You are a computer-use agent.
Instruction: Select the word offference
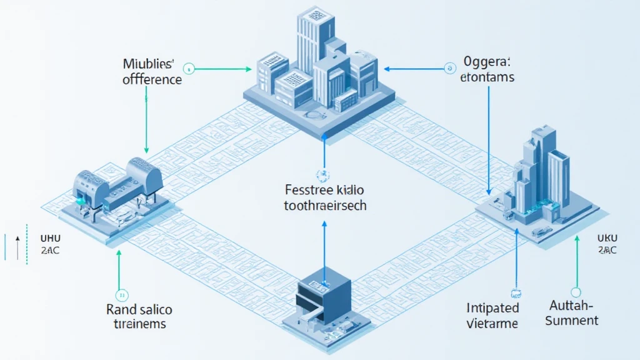click(152, 80)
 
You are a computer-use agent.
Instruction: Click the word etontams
click(487, 77)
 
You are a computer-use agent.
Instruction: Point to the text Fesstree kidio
click(324, 189)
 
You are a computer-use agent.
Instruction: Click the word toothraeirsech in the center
click(324, 205)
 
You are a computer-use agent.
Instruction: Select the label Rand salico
click(139, 309)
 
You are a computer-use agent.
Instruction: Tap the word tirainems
click(139, 324)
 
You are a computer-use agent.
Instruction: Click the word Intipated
click(492, 307)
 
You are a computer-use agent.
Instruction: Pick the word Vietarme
click(492, 323)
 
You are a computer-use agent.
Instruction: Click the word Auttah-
click(571, 306)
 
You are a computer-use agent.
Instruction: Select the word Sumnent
click(571, 321)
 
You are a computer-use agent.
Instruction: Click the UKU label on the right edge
click(606, 238)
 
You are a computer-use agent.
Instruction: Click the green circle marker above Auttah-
click(576, 291)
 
